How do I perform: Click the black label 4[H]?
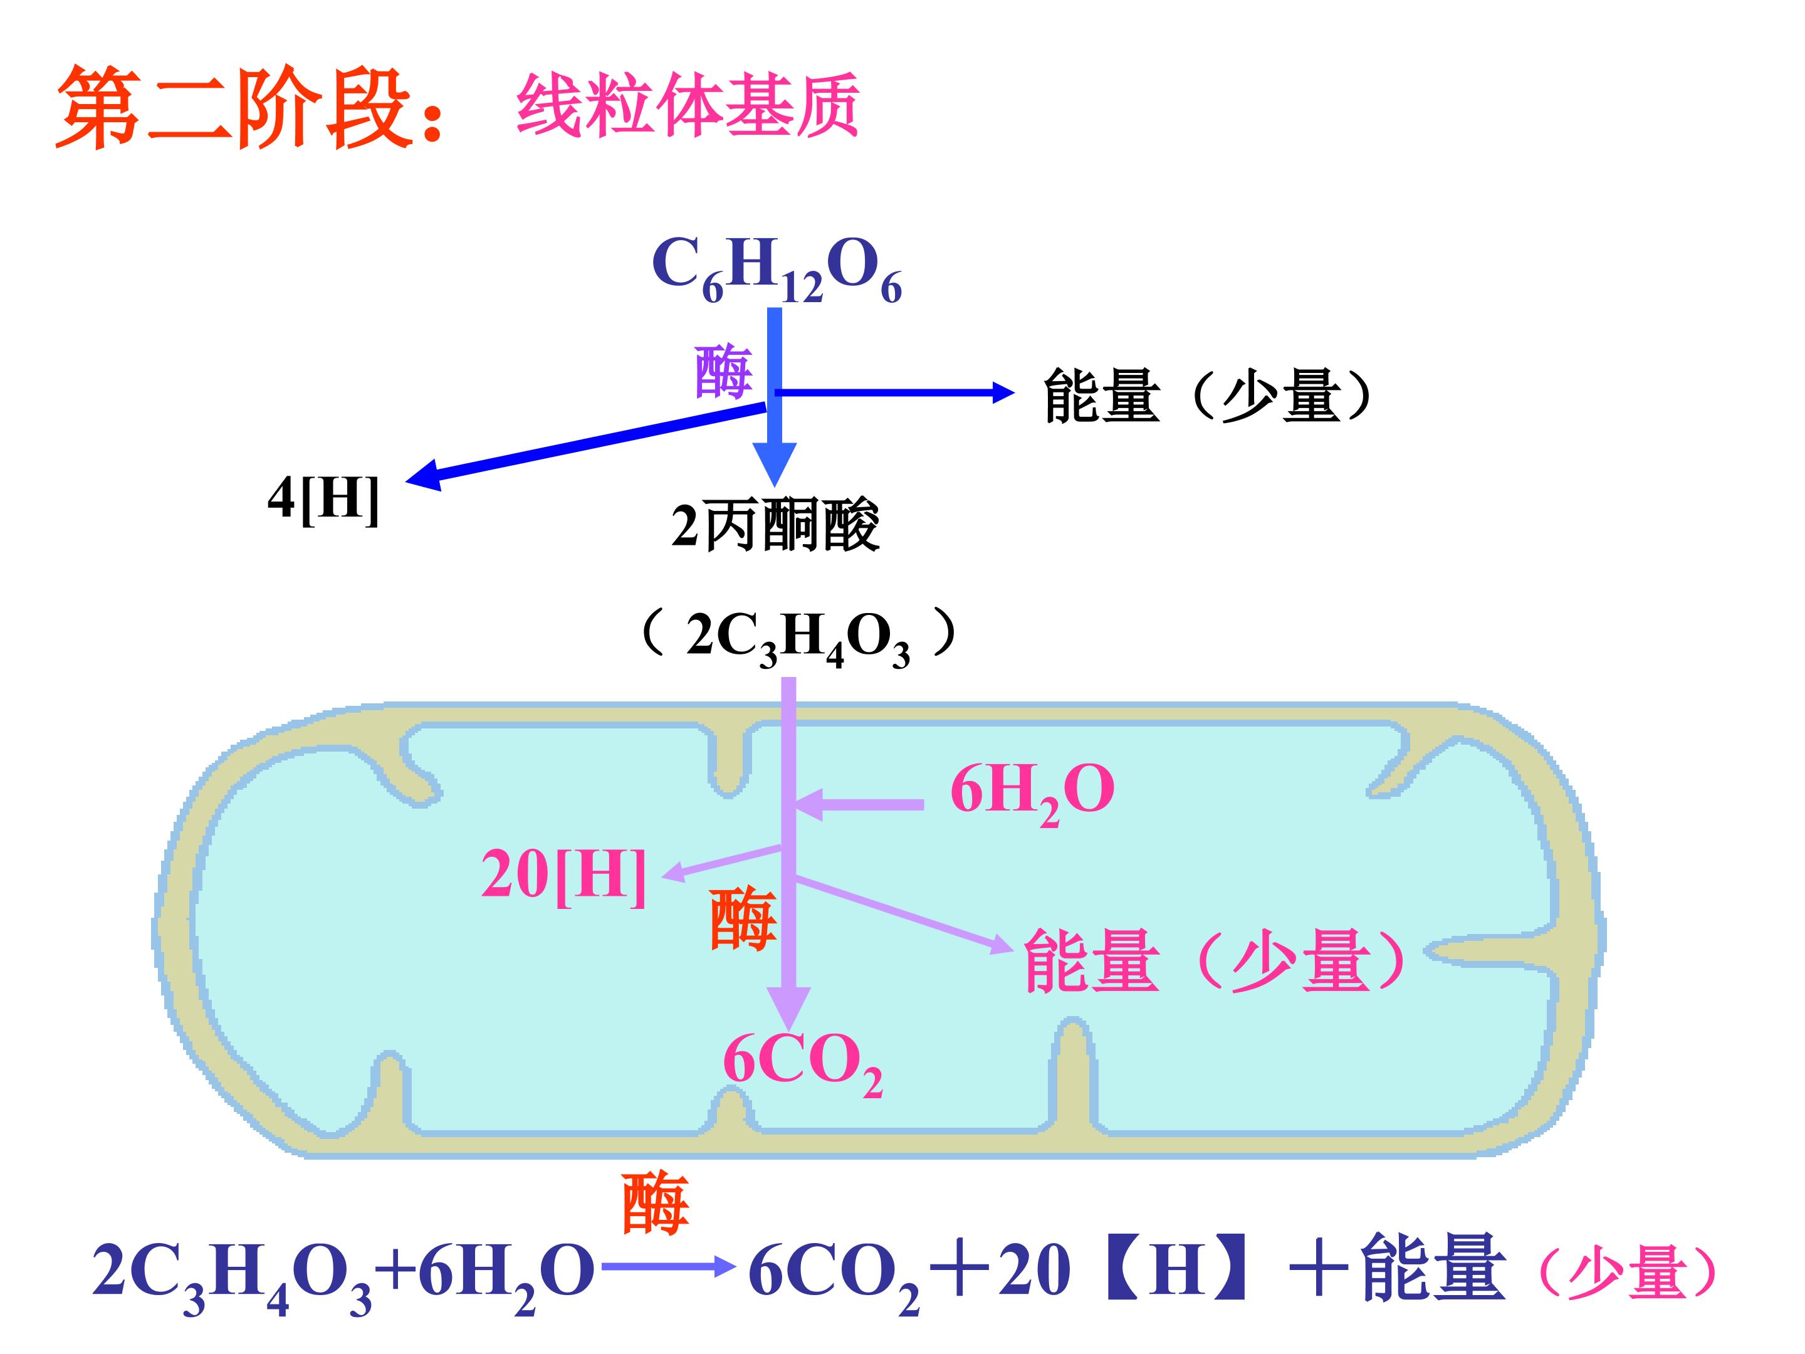click(324, 499)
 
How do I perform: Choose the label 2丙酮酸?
click(775, 525)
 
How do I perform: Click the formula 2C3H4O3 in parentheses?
click(798, 638)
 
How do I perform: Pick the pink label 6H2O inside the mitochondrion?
click(1032, 792)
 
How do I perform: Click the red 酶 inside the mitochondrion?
click(743, 920)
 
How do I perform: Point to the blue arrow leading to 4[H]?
click(587, 441)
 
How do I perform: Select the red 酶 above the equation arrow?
click(655, 1203)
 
